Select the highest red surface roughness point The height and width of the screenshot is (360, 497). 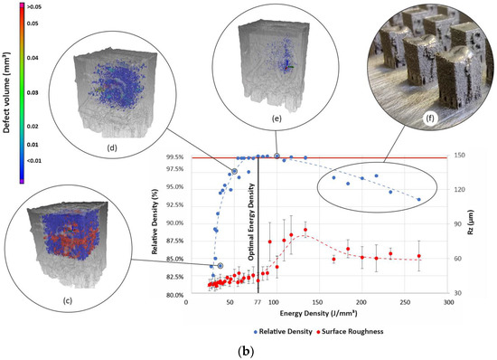tap(305, 230)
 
